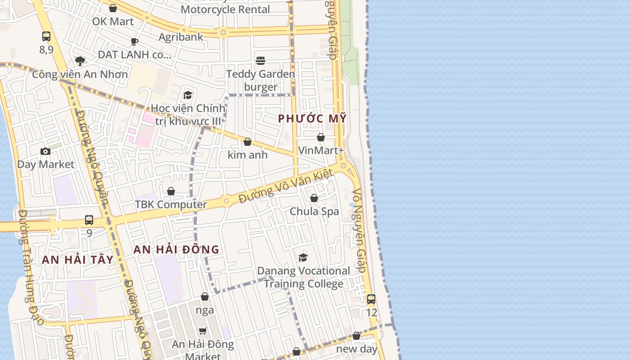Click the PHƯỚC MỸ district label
312,118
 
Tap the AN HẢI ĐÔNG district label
176,249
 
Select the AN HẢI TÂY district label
78,260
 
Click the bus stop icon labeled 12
371,299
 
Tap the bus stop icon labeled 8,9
46,36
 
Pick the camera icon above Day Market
45,151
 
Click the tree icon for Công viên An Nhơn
80,61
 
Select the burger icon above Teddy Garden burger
261,60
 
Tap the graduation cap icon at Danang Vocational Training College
303,257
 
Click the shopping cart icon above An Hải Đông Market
203,331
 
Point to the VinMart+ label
321,150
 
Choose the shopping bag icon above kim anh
247,142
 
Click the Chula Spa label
314,211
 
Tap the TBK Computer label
171,204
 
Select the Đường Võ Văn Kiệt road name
286,185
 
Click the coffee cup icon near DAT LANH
134,41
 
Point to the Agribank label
181,37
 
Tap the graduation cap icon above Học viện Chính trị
188,95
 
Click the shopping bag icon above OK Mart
113,8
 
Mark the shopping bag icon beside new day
356,336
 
